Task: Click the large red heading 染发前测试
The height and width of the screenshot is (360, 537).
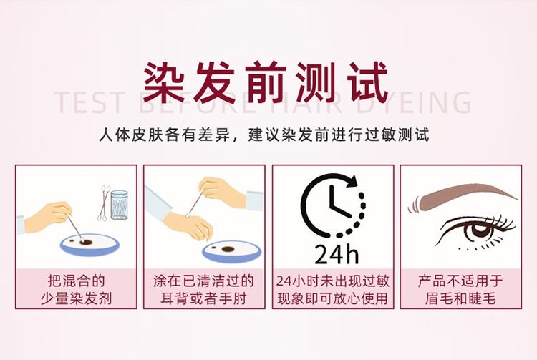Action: coord(266,82)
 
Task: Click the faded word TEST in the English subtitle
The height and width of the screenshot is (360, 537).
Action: coord(89,102)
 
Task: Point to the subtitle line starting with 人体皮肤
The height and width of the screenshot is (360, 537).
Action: coord(264,135)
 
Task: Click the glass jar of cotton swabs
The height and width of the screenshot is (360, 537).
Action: coord(119,205)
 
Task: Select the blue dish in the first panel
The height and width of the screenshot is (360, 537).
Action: coord(90,245)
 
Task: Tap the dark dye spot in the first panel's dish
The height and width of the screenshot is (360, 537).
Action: coord(86,243)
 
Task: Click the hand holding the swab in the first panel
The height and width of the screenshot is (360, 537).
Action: coord(48,218)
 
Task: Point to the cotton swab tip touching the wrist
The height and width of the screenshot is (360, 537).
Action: coord(188,215)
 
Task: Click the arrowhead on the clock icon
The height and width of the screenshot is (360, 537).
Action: coord(351,181)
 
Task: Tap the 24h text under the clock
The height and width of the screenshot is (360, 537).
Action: coord(337,254)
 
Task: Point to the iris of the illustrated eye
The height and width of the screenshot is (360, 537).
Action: coord(482,230)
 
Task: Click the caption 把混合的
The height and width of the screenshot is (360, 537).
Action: coord(76,281)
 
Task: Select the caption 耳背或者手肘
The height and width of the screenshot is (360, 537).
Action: coord(204,298)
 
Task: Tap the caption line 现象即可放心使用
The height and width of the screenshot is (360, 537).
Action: coord(332,298)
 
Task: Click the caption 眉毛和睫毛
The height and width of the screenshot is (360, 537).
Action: coord(460,298)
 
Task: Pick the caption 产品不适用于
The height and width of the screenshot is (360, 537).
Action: coord(460,281)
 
